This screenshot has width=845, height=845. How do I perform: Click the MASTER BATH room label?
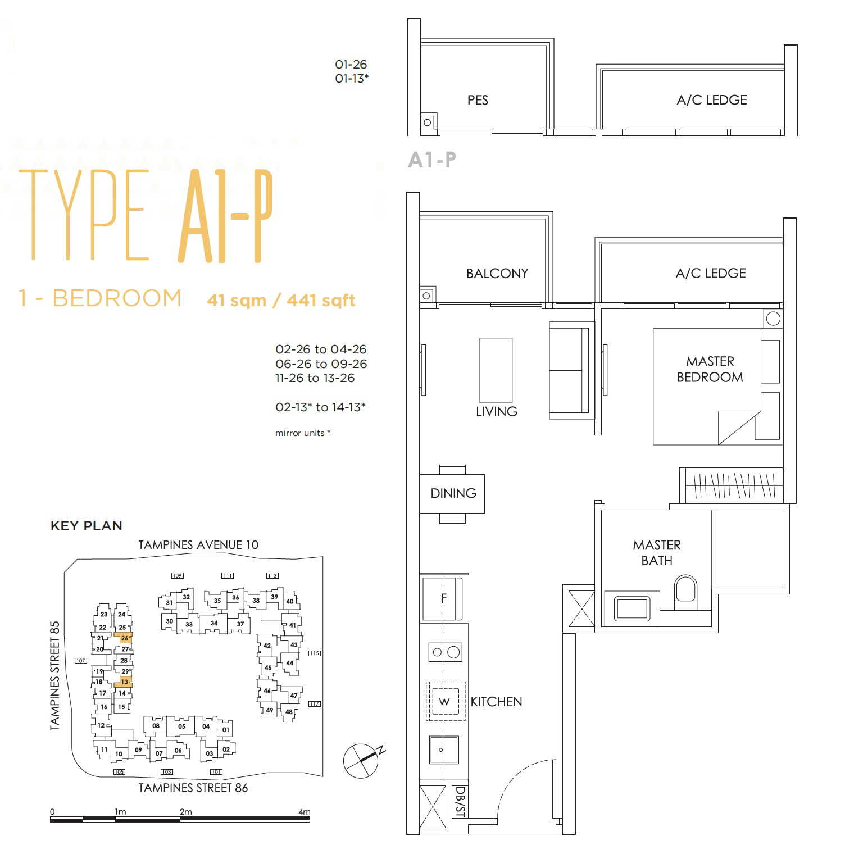[x=657, y=552]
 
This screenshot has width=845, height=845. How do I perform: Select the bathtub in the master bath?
[x=632, y=607]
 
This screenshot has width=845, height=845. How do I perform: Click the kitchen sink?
[x=444, y=749]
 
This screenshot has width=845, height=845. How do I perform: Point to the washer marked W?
[x=445, y=701]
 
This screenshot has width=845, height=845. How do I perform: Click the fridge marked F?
[x=443, y=598]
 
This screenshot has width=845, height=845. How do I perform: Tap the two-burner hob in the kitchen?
[x=445, y=652]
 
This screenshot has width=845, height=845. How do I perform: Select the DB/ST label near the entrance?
[x=460, y=802]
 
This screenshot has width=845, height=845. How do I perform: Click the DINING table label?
[x=453, y=493]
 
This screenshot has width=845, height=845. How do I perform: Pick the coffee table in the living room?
[x=496, y=370]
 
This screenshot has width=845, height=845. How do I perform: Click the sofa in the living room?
[x=571, y=370]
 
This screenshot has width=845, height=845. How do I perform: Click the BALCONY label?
[x=497, y=274]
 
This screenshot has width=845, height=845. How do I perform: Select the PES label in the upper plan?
[x=478, y=100]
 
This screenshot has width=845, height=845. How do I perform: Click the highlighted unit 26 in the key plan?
[x=123, y=638]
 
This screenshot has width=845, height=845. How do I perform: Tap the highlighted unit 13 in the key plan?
[x=123, y=682]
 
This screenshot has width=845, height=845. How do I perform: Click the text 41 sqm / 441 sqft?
[x=281, y=300]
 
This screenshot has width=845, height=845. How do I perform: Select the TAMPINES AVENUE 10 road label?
[x=198, y=545]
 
